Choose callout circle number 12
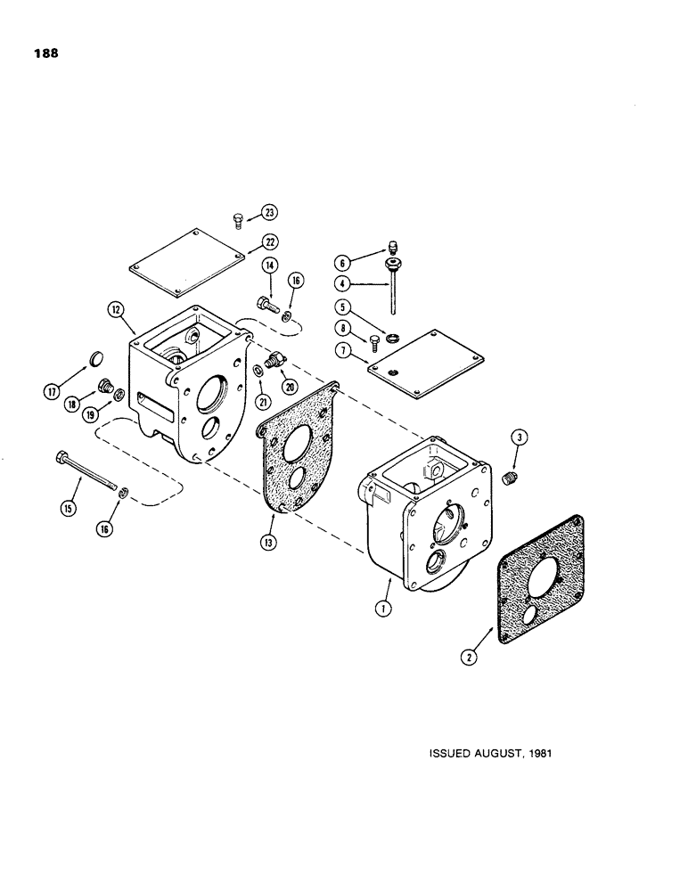[x=116, y=310]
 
